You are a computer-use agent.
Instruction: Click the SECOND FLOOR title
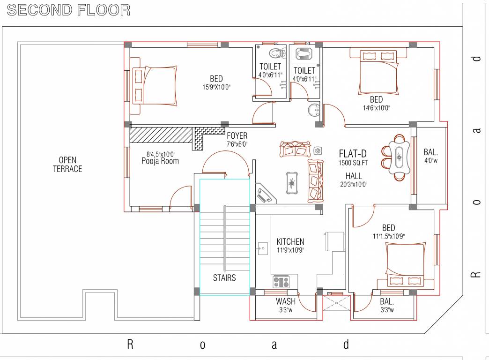tap(69, 10)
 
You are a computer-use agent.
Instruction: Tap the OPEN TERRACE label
tap(67, 165)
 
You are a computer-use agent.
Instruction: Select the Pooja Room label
tap(160, 161)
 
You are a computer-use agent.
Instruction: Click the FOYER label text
tap(237, 136)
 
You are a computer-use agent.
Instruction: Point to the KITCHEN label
tap(290, 241)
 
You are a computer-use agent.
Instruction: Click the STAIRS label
tap(224, 277)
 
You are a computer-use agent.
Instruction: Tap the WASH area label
tap(285, 301)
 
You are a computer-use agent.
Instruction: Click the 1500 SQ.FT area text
tap(354, 163)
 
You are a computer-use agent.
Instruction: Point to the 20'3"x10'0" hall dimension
tap(354, 184)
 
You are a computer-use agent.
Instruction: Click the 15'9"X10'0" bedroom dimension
tap(216, 87)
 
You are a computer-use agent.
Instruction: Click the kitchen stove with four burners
tap(282, 282)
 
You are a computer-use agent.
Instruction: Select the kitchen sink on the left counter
tap(262, 247)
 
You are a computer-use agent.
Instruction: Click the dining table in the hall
tap(398, 157)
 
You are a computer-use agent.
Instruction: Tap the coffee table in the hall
tap(293, 182)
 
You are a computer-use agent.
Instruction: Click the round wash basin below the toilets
tap(313, 111)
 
